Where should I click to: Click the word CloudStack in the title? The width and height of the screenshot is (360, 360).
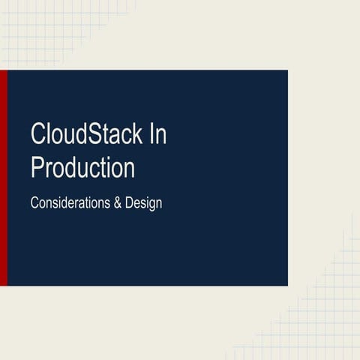pyautogui.click(x=86, y=135)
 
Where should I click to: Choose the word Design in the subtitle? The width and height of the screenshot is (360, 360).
pyautogui.click(x=144, y=203)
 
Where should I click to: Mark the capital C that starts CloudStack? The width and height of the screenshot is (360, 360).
pyautogui.click(x=37, y=135)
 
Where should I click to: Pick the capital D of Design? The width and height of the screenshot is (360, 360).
pyautogui.click(x=130, y=202)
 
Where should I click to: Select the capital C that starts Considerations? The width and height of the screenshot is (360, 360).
pyautogui.click(x=34, y=202)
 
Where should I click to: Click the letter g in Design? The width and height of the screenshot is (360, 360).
pyautogui.click(x=151, y=205)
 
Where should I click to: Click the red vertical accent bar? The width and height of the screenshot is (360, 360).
pyautogui.click(x=3, y=178)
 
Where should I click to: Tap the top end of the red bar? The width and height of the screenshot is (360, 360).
pyautogui.click(x=3, y=73)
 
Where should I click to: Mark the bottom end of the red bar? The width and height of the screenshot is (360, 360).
pyautogui.click(x=3, y=283)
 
